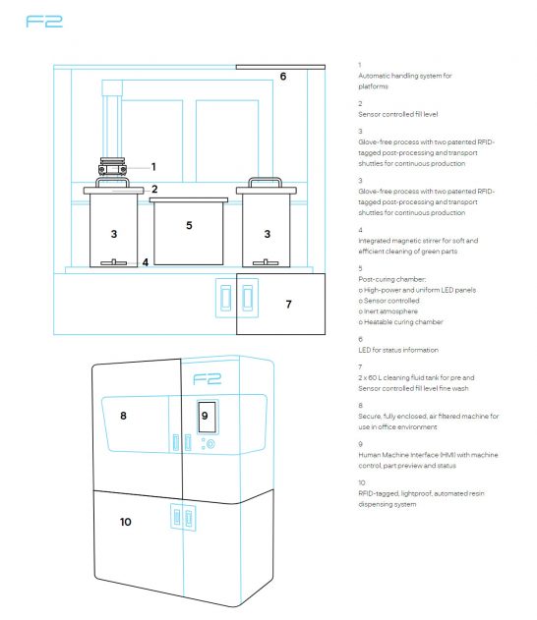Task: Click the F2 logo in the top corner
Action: click(44, 22)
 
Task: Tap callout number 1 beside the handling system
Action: click(153, 167)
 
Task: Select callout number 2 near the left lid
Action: click(154, 189)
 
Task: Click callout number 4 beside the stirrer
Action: click(146, 262)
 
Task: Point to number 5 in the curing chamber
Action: click(189, 225)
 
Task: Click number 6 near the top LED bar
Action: click(283, 77)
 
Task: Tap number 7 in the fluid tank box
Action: click(288, 304)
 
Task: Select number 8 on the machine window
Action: click(123, 416)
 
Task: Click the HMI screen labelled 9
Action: click(207, 417)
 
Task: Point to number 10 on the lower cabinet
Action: click(126, 522)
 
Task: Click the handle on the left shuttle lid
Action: click(112, 182)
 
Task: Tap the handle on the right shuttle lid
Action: click(266, 182)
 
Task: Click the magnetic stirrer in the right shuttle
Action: click(266, 262)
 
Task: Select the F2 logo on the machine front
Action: click(207, 379)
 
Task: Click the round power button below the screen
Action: click(210, 444)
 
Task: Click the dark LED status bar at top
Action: click(280, 67)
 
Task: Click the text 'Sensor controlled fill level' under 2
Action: click(398, 114)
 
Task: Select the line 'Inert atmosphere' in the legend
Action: click(388, 311)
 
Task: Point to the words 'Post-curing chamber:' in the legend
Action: click(392, 279)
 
